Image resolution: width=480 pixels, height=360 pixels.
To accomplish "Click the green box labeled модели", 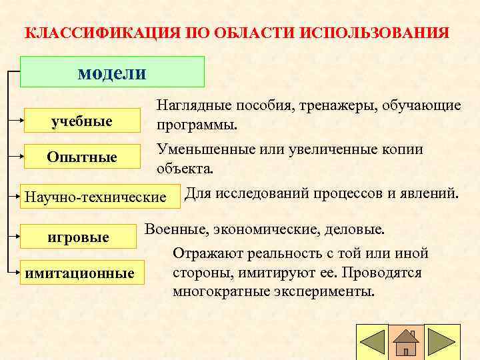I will (112, 72).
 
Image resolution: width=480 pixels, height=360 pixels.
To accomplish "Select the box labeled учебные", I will (82, 121).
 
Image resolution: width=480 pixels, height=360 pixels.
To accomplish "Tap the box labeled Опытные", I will (82, 157).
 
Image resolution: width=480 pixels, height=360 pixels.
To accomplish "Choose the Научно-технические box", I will (95, 197).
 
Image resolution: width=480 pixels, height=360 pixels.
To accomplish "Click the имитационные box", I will (79, 273).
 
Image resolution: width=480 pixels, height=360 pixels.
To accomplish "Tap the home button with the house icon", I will (405, 342).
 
